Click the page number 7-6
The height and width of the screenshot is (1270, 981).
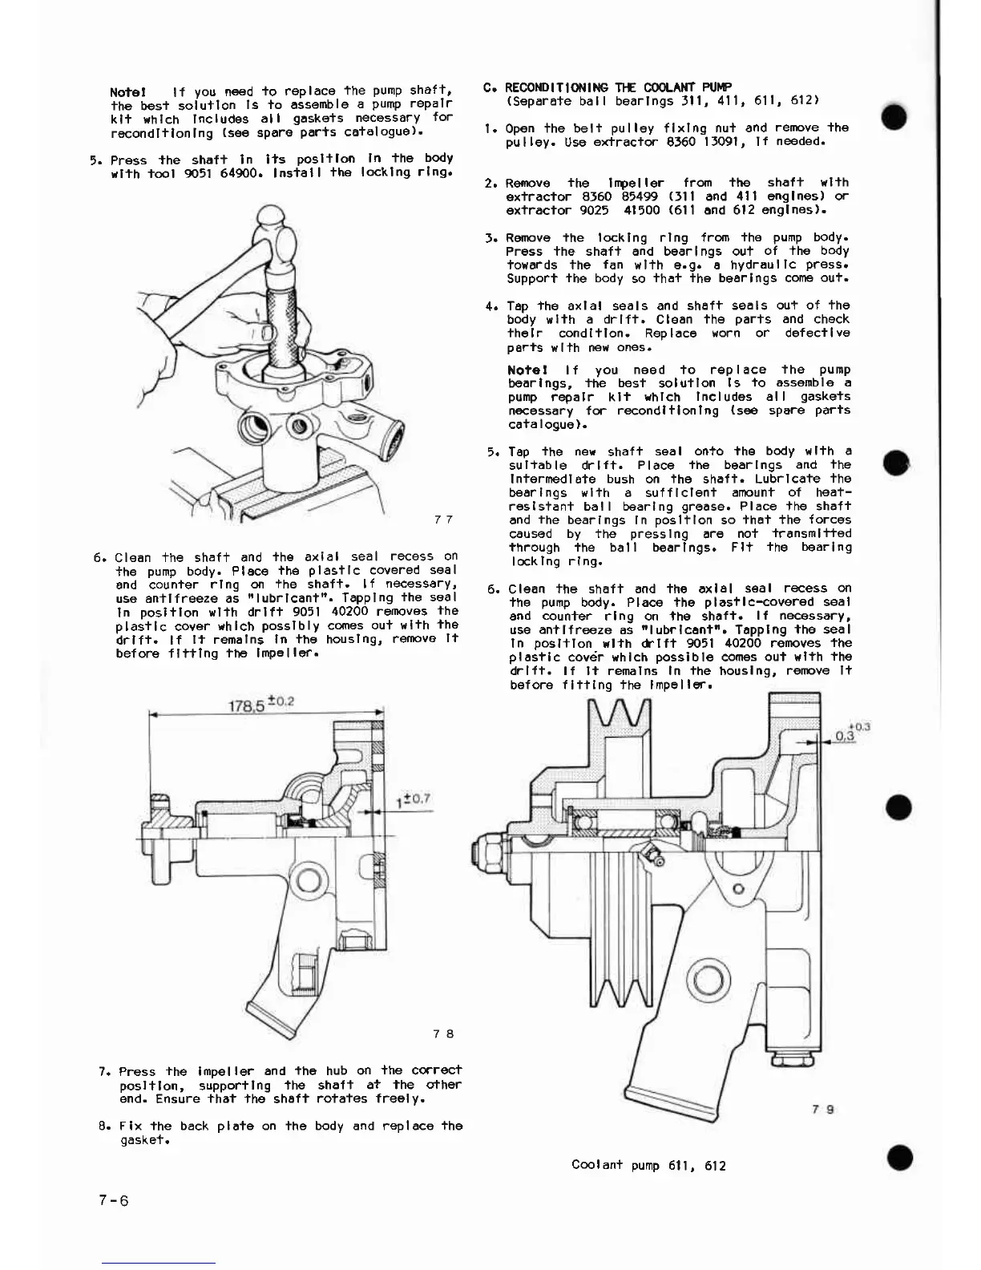pos(112,1200)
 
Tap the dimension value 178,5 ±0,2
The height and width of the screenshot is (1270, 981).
pos(261,703)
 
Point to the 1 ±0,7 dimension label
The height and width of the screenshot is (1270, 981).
pos(413,799)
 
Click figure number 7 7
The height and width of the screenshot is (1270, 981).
pos(443,520)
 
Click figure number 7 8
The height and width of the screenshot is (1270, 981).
pos(443,1033)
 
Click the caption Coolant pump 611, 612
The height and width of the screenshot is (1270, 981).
pos(648,1165)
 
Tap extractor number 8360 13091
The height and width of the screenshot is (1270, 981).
pos(693,142)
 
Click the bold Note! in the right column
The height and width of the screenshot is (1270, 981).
pos(527,370)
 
